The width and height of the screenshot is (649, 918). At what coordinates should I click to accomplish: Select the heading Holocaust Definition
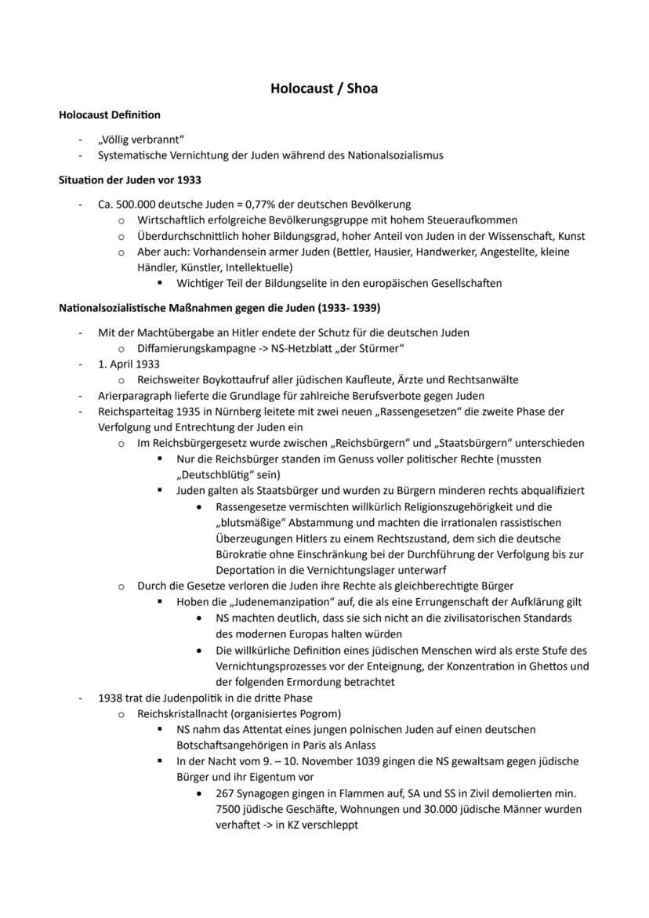coord(110,114)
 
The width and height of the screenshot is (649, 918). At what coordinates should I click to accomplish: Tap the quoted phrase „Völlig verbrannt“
coord(141,140)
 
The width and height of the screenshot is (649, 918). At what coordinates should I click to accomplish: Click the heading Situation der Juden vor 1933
coord(130,180)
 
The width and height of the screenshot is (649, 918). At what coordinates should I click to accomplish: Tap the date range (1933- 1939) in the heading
coord(341,307)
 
